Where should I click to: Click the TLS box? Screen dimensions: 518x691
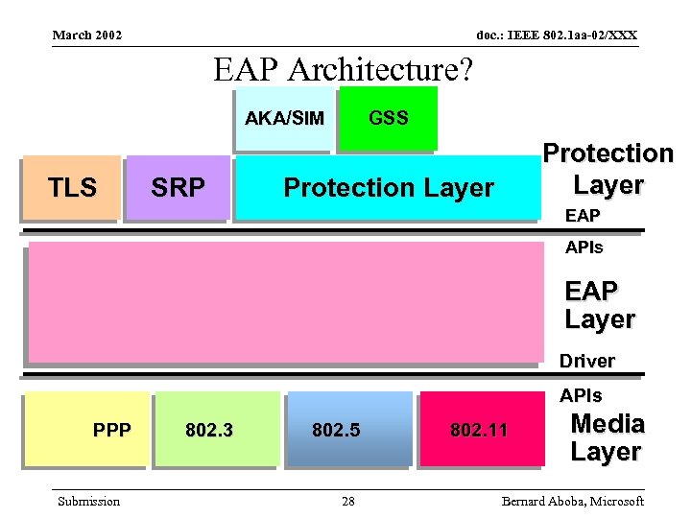[x=73, y=187]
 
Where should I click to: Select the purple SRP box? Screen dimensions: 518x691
[x=179, y=187]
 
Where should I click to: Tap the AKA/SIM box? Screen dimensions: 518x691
[x=284, y=119]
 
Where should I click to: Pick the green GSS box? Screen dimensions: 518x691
[x=388, y=118]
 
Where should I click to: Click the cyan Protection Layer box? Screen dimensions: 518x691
[x=388, y=187]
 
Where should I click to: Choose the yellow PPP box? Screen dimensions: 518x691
[x=86, y=429]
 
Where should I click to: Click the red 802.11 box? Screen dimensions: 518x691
[x=479, y=429]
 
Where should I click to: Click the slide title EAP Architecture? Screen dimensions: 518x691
[x=344, y=69]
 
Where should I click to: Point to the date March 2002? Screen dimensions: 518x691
[x=87, y=35]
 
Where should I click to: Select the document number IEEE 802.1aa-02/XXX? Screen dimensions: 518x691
[x=557, y=35]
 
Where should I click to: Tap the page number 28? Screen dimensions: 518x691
[x=347, y=502]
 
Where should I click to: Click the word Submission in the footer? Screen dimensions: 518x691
[x=89, y=502]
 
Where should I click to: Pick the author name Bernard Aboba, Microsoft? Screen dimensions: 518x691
[x=572, y=502]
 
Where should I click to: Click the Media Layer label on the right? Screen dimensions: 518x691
[x=607, y=437]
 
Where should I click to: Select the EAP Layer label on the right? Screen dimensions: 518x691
[x=600, y=305]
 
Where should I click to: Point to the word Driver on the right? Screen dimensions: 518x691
[x=586, y=362]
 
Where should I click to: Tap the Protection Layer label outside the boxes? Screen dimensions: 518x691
[x=608, y=169]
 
